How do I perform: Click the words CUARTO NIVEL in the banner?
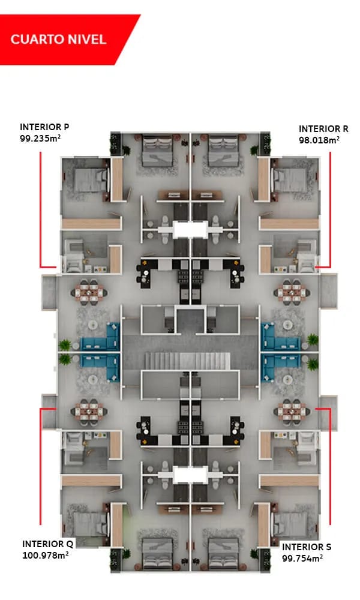pos(58,40)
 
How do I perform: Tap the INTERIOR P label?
pos(44,127)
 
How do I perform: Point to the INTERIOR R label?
pos(323,129)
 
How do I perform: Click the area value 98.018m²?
pos(319,140)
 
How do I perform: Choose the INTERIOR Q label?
pos(47,544)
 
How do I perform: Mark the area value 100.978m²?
pos(45,555)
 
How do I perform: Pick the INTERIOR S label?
pos(307,547)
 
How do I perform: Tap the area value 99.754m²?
pos(302,557)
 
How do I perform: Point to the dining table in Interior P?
pos(91,292)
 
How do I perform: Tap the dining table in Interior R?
pos(292,292)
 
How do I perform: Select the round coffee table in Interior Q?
pos(94,379)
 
